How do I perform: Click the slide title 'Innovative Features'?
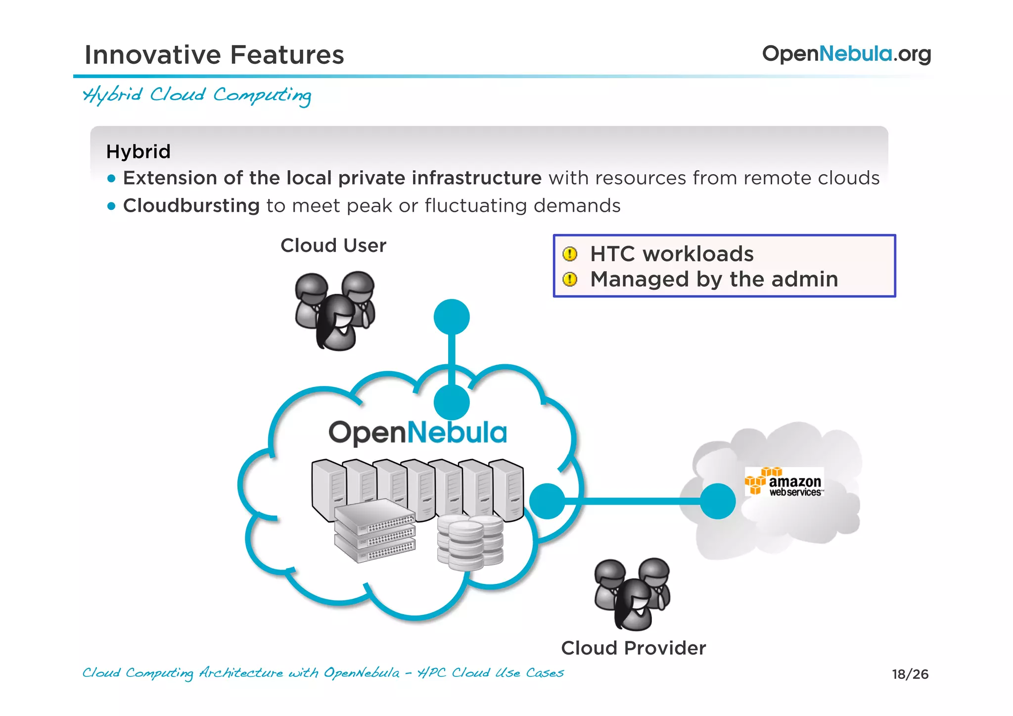pyautogui.click(x=214, y=54)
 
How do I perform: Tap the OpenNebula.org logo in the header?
pyautogui.click(x=846, y=53)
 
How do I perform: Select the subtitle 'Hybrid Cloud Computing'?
pyautogui.click(x=197, y=95)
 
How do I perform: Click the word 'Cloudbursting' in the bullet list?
pyautogui.click(x=191, y=205)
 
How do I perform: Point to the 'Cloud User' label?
pyautogui.click(x=333, y=245)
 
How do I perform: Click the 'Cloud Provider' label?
pyautogui.click(x=633, y=648)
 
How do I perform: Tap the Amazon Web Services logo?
pyautogui.click(x=784, y=481)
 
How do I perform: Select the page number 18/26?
pyautogui.click(x=910, y=674)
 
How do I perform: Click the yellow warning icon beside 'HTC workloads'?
pyautogui.click(x=570, y=254)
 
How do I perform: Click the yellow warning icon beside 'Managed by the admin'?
pyautogui.click(x=570, y=280)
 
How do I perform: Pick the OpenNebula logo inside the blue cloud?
pyautogui.click(x=418, y=432)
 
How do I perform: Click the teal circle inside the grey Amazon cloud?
pyautogui.click(x=718, y=501)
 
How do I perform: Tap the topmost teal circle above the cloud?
pyautogui.click(x=451, y=317)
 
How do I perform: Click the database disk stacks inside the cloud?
pyautogui.click(x=470, y=541)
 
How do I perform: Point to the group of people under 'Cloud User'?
pyautogui.click(x=335, y=310)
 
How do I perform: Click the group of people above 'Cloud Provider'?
pyautogui.click(x=632, y=594)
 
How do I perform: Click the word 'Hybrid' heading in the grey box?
pyautogui.click(x=138, y=151)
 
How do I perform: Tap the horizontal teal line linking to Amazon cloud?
pyautogui.click(x=633, y=501)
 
